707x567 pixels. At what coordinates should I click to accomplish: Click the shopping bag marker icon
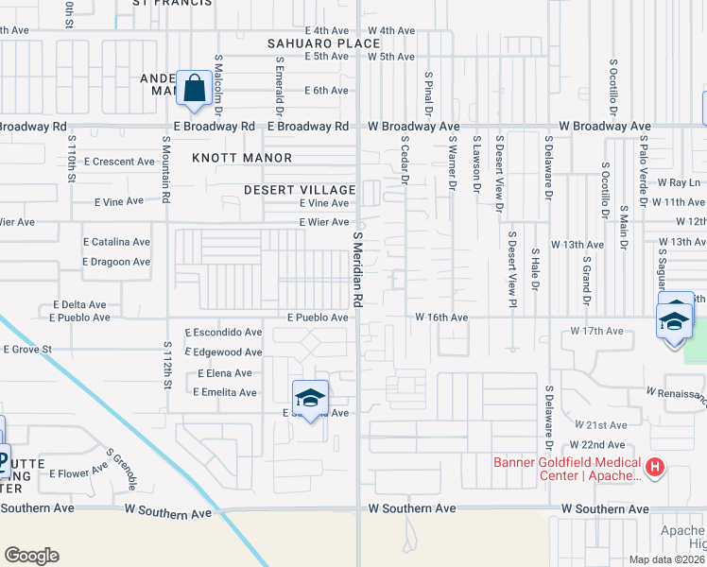(194, 89)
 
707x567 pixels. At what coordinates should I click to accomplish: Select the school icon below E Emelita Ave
(310, 398)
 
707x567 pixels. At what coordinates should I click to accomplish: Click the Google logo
(30, 556)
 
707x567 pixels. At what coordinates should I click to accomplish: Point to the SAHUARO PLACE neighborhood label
(310, 43)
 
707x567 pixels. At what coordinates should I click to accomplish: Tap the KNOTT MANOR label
(242, 158)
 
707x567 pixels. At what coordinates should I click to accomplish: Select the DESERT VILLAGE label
(299, 190)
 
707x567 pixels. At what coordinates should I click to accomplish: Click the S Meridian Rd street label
(358, 270)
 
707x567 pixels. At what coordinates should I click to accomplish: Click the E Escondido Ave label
(224, 333)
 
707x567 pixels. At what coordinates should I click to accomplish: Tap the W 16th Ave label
(441, 318)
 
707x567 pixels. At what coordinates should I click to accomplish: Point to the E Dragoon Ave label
(116, 262)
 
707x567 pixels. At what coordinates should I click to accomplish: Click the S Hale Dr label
(535, 274)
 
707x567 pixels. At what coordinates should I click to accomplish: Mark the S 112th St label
(168, 367)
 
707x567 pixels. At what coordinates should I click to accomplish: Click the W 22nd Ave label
(597, 445)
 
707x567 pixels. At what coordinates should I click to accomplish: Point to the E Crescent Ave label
(118, 162)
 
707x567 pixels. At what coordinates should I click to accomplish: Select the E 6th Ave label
(326, 91)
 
